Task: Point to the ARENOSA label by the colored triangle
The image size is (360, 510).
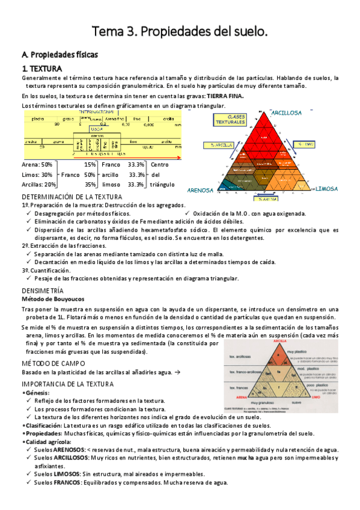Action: [x=201, y=190]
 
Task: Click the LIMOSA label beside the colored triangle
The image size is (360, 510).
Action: [x=329, y=188]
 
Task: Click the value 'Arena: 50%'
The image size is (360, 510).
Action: [x=37, y=164]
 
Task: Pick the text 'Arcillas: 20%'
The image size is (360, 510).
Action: [x=39, y=185]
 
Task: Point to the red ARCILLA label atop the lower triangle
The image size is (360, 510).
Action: [x=278, y=341]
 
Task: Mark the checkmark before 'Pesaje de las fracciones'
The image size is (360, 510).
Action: [x=29, y=278]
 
